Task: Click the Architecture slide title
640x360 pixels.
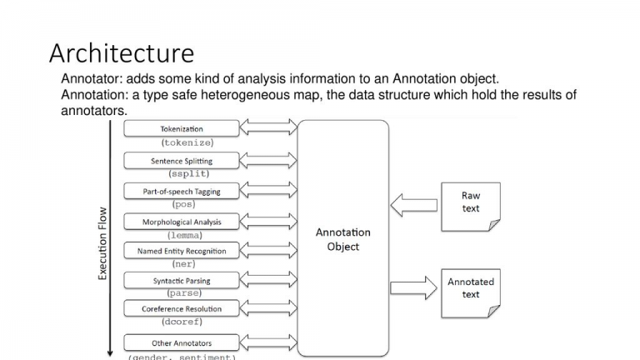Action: pos(122,53)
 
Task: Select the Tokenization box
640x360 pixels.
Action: pos(182,128)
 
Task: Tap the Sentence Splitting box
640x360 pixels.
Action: pos(182,161)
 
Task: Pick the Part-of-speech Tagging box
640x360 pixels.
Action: pos(182,191)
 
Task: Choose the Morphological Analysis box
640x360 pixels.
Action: pos(182,222)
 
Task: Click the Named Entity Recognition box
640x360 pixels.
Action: pos(182,251)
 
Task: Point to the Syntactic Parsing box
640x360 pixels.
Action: pos(182,280)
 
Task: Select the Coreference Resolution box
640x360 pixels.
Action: pos(182,308)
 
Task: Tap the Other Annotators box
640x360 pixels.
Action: pos(182,342)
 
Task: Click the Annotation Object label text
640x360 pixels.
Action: pos(342,239)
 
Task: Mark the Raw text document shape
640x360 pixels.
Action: pos(471,207)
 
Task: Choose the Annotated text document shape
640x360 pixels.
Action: pos(471,293)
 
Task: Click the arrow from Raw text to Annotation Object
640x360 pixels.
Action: pos(414,205)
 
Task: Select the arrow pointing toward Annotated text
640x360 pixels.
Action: pos(414,288)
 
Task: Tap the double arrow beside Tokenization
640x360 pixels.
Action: pos(268,127)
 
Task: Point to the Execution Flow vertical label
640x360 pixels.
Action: pos(102,243)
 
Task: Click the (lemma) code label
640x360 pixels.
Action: pos(185,236)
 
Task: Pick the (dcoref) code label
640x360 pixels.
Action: pos(182,322)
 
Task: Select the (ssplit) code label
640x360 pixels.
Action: pos(189,173)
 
